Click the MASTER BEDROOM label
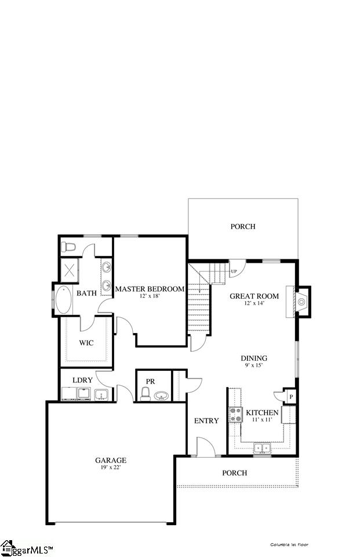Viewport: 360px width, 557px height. click(150, 289)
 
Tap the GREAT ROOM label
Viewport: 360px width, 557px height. click(254, 296)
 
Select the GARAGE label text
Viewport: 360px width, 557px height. click(111, 460)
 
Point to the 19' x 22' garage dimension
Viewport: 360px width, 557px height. click(111, 468)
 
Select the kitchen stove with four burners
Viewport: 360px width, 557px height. click(236, 414)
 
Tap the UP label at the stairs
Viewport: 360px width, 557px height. click(234, 272)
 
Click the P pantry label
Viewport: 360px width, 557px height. click(290, 396)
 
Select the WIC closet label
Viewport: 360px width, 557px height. click(86, 343)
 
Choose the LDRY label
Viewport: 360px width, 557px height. click(82, 380)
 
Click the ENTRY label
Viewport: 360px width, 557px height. click(206, 421)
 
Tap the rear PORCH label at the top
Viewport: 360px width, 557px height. click(243, 226)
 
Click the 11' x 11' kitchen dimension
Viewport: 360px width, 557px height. click(262, 419)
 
